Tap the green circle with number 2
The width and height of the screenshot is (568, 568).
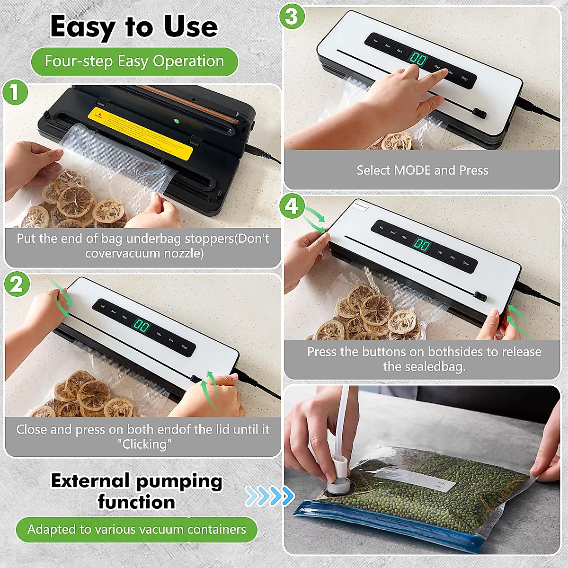(x=17, y=285)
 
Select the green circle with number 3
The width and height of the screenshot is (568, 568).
(x=292, y=17)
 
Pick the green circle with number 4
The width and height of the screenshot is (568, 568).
(x=292, y=206)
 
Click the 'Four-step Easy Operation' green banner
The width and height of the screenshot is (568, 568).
(x=134, y=62)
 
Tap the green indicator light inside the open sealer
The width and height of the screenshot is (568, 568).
(x=177, y=121)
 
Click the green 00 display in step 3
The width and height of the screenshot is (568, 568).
(x=418, y=59)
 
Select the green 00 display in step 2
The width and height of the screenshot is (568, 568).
(x=141, y=326)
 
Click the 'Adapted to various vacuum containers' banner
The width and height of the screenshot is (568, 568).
(x=137, y=529)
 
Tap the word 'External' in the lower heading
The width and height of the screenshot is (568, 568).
(x=90, y=481)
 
